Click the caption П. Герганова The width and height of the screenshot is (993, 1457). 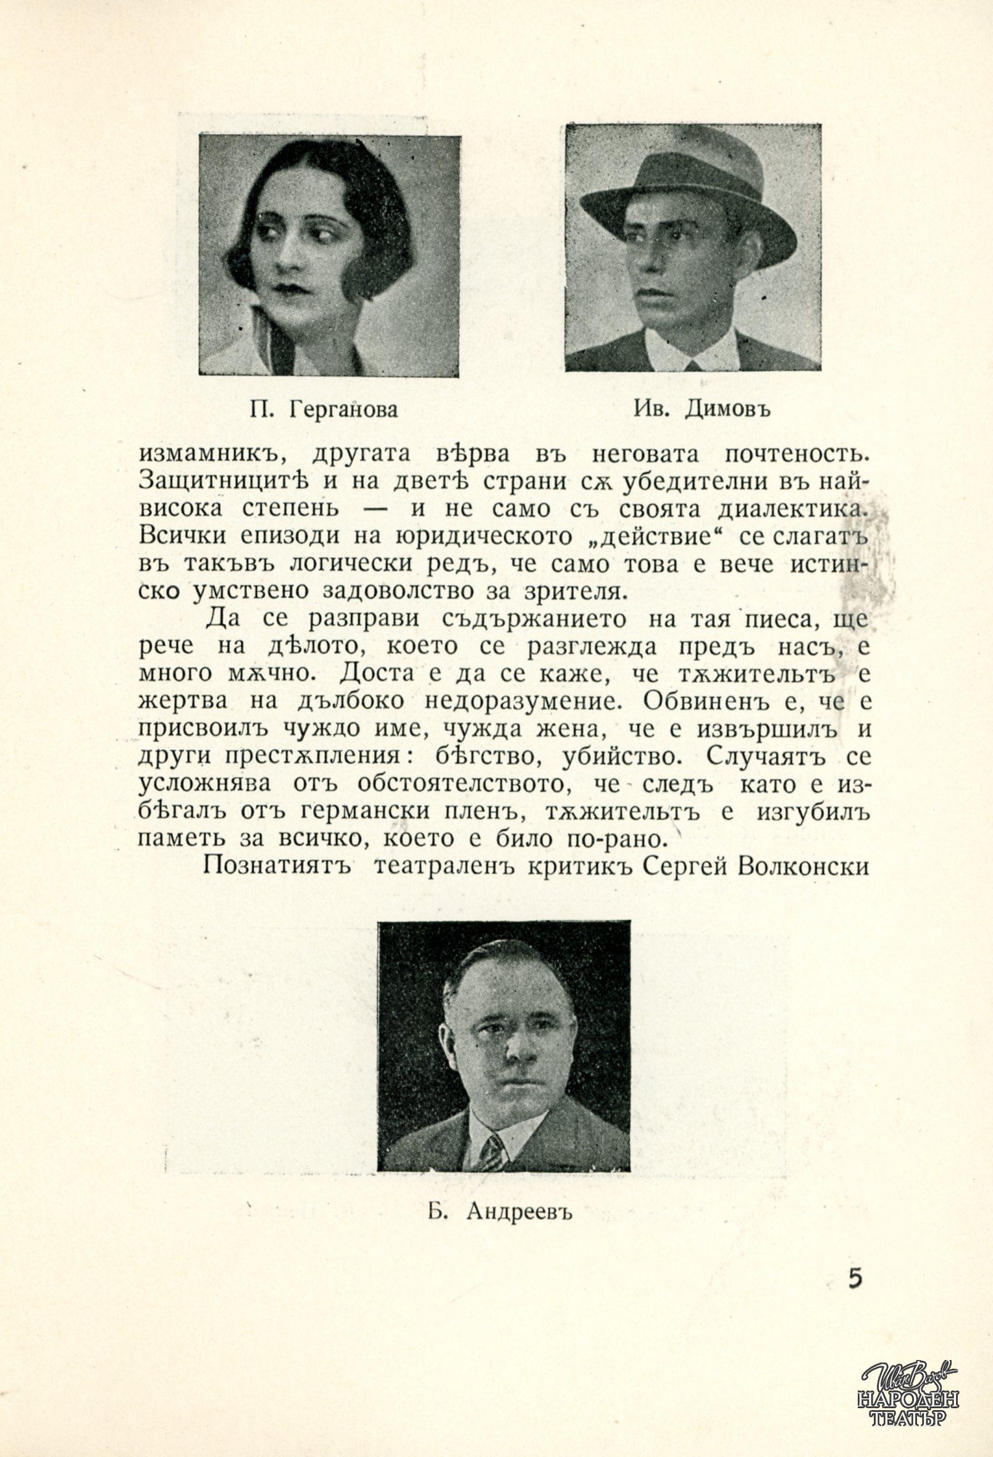point(324,410)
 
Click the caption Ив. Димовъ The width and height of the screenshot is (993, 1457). point(702,409)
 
